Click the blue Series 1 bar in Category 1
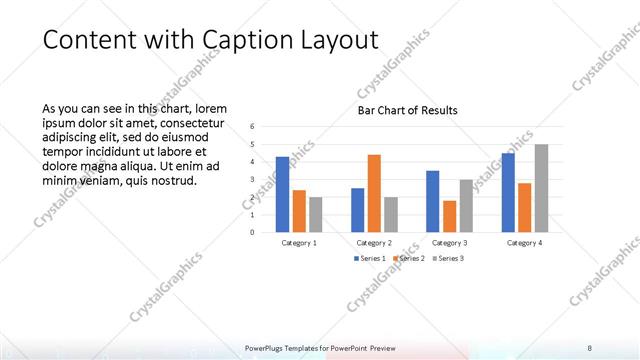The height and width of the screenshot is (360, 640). (x=282, y=194)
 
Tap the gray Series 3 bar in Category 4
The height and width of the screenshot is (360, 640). (x=541, y=188)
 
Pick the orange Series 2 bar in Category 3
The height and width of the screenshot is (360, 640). (x=449, y=216)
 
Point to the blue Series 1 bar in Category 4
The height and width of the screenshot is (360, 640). (x=508, y=192)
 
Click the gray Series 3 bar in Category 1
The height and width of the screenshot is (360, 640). (x=316, y=214)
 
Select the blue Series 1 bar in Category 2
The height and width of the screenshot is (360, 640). (x=357, y=210)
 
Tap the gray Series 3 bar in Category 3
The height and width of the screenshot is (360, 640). (x=466, y=205)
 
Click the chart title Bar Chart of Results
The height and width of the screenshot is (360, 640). (x=408, y=111)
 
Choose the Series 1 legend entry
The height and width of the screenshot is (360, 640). (x=371, y=259)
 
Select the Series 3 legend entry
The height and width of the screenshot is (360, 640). (x=446, y=259)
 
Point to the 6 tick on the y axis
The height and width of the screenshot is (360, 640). (x=253, y=127)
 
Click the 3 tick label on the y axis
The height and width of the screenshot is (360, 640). (x=253, y=179)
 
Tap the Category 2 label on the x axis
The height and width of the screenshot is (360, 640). (x=374, y=243)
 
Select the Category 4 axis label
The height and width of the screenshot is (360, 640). (x=524, y=243)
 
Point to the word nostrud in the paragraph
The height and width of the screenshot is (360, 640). (x=173, y=181)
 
